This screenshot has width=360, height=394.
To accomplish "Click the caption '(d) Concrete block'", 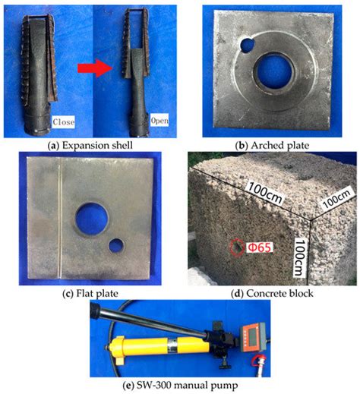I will point(270,288).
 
